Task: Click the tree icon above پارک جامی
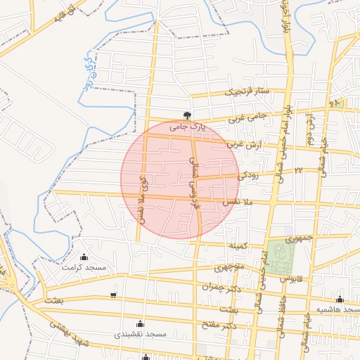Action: click(187, 115)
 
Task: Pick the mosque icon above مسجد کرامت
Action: click(84, 257)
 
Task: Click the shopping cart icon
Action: click(114, 295)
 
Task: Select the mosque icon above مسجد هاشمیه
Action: click(340, 300)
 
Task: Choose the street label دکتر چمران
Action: click(216, 287)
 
